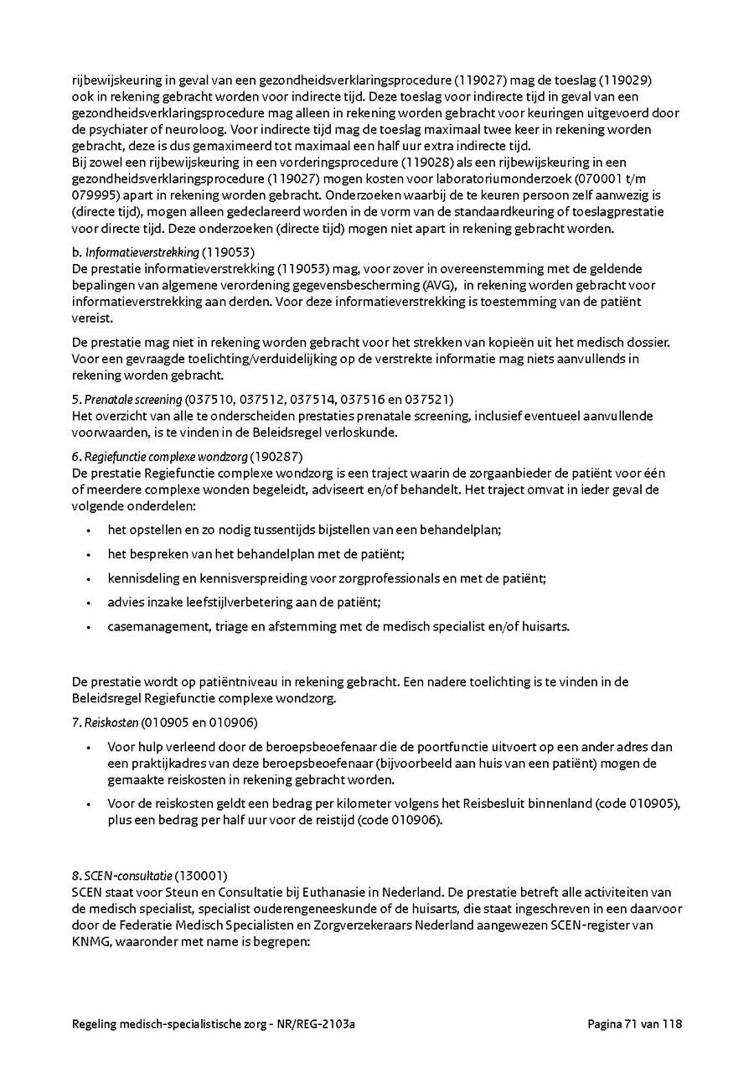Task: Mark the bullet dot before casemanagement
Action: [x=90, y=626]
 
